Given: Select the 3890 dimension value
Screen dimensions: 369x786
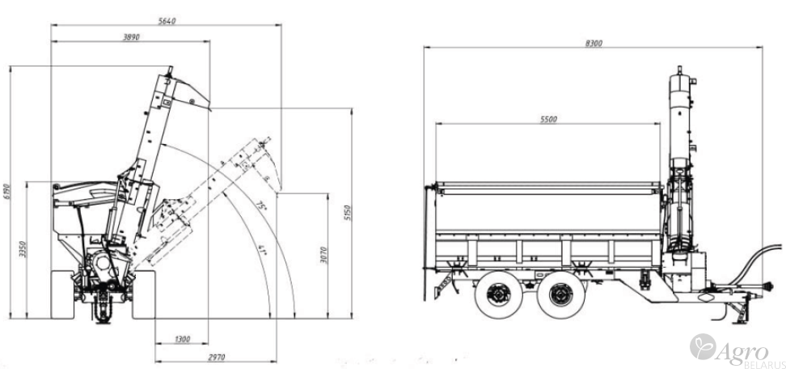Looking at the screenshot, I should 129,36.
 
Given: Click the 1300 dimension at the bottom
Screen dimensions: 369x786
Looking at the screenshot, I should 181,340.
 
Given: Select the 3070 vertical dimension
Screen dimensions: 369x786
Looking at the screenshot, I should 323,256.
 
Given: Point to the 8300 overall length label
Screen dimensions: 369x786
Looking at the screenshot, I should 593,43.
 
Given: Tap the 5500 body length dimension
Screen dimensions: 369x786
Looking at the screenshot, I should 547,119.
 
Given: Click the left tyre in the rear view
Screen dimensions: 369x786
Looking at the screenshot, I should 63,296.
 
